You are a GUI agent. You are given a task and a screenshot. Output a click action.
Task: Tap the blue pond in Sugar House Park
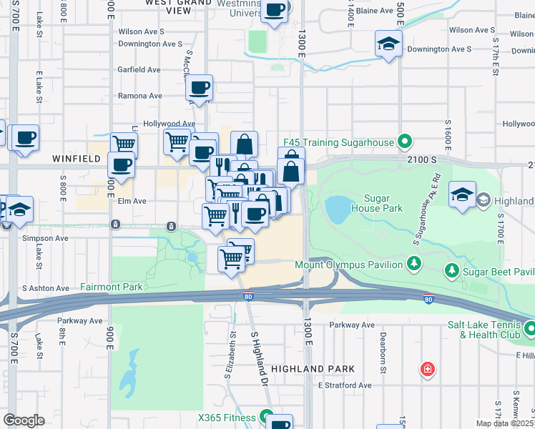(x=337, y=209)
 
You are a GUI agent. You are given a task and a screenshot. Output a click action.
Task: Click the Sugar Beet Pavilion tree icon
(x=451, y=271)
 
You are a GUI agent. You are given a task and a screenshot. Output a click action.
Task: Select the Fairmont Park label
(x=112, y=287)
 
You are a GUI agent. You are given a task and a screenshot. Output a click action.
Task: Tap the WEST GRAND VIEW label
(x=178, y=6)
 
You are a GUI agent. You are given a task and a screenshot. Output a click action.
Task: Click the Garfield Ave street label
(x=139, y=69)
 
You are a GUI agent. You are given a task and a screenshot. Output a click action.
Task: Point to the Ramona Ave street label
(x=140, y=96)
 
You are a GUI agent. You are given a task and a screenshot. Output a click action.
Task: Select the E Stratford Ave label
(x=345, y=385)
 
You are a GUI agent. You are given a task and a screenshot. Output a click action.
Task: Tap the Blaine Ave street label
(x=374, y=11)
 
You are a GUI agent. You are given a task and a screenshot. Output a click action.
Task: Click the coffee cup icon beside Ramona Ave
(x=199, y=88)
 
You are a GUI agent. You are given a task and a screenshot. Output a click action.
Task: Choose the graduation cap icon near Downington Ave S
(x=388, y=44)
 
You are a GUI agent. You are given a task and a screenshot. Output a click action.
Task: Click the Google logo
(x=23, y=420)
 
